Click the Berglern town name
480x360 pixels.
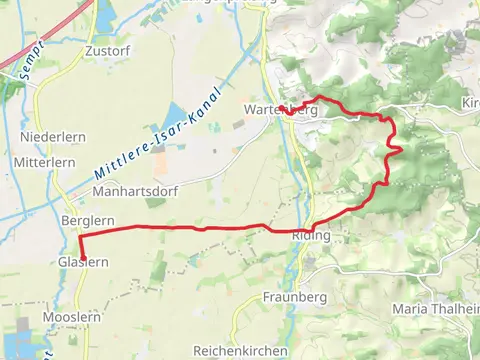[88, 220]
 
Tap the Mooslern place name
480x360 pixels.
[70, 317]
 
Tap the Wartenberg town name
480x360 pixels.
[280, 111]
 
